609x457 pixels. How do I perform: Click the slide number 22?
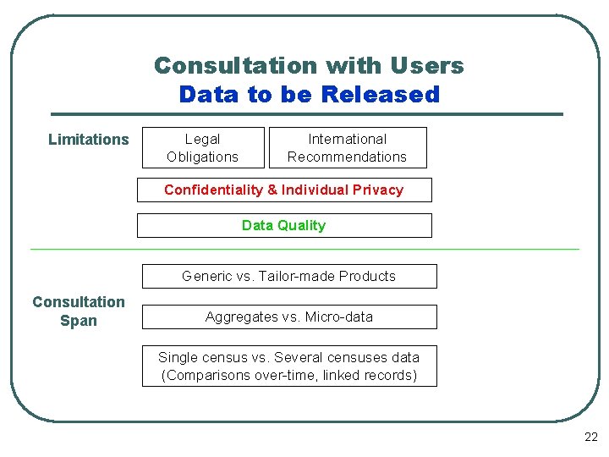(x=590, y=438)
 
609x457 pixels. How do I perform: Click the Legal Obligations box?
(x=203, y=147)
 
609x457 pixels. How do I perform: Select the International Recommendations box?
(x=347, y=147)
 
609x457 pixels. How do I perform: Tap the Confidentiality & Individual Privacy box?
(x=284, y=190)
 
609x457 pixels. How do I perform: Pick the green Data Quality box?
(x=284, y=225)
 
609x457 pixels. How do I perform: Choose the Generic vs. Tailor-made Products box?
(x=288, y=276)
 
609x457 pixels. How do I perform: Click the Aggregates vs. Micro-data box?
(x=288, y=317)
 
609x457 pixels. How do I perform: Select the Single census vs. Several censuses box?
(x=288, y=366)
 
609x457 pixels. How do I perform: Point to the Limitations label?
(x=89, y=140)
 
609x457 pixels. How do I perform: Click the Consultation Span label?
(x=79, y=311)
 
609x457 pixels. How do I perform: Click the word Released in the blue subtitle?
(x=381, y=94)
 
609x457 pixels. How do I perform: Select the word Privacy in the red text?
(x=377, y=190)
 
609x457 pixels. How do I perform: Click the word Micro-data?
(x=342, y=317)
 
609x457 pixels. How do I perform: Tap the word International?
(x=347, y=139)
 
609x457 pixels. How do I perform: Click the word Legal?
(x=202, y=139)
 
